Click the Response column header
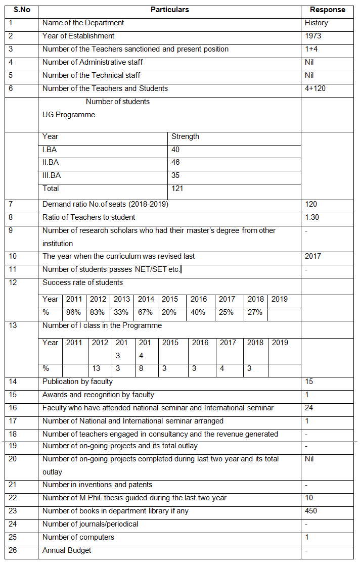click(327, 10)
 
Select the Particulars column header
click(169, 10)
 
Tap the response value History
click(316, 23)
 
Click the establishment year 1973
click(312, 36)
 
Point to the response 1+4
click(311, 49)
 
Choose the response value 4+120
click(316, 88)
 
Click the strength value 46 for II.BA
click(175, 162)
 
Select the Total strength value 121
click(177, 188)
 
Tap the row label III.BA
click(51, 175)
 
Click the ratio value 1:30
click(312, 217)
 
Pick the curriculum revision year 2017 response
click(313, 256)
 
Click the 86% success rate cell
click(73, 312)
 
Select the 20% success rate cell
click(169, 312)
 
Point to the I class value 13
click(97, 368)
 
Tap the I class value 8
click(141, 368)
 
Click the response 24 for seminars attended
click(309, 408)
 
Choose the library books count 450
click(311, 511)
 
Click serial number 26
click(13, 550)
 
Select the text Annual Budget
click(67, 550)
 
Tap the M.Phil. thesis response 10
click(309, 498)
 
